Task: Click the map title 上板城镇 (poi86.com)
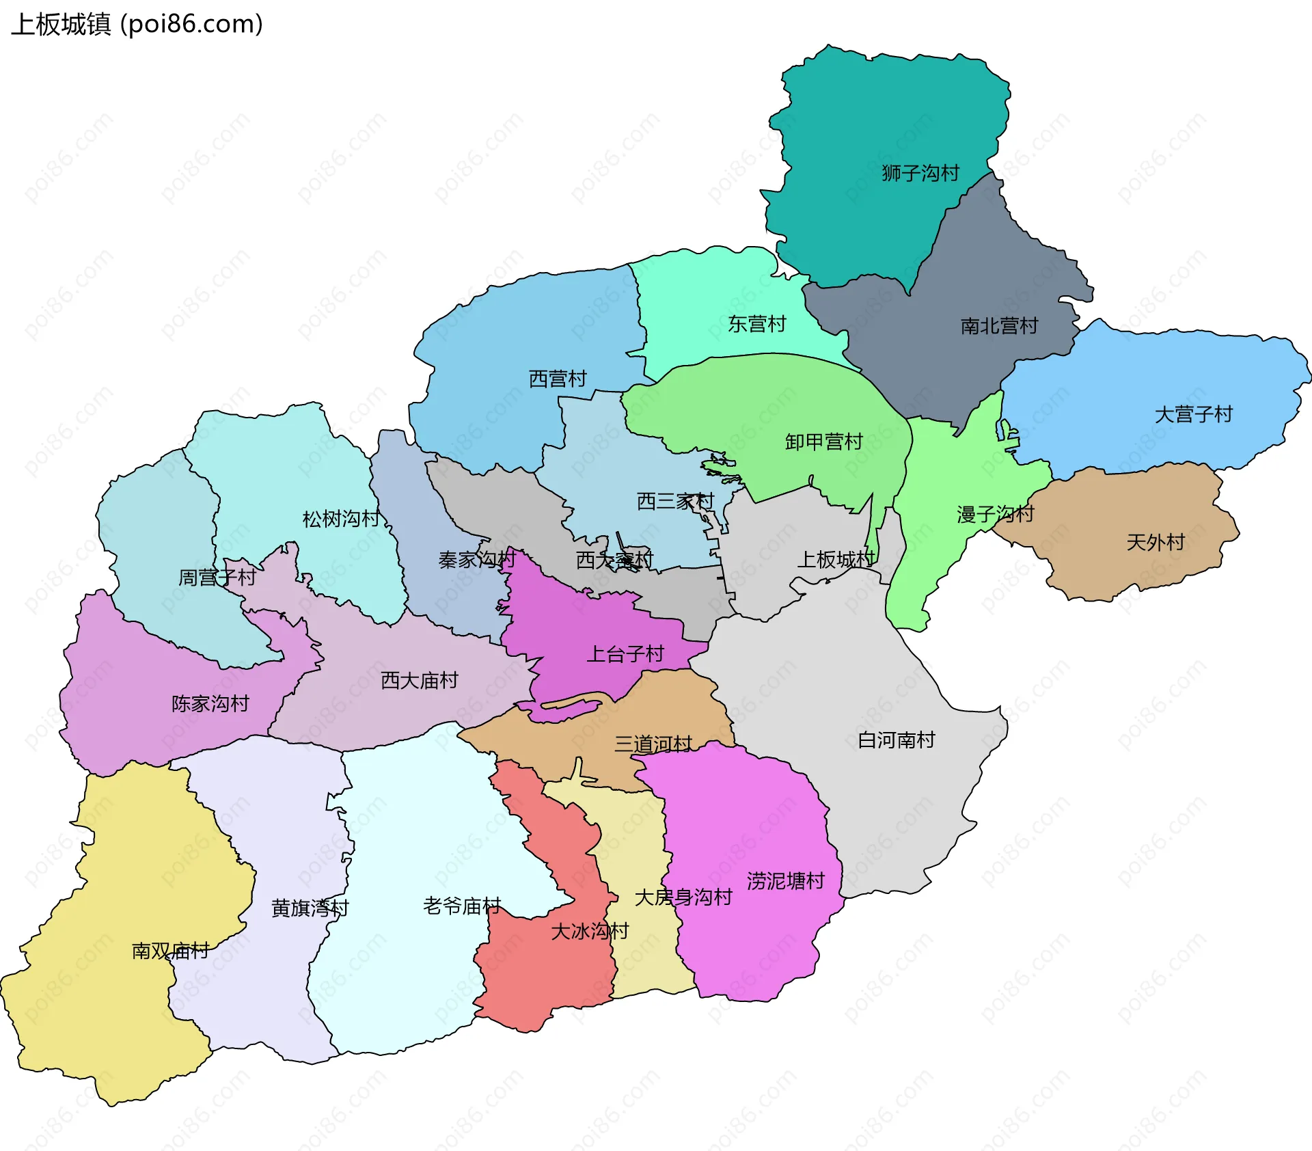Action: [x=137, y=25]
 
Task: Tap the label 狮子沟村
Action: [x=920, y=173]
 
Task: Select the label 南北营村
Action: [x=999, y=326]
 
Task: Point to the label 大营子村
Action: [x=1193, y=414]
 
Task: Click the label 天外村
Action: [x=1156, y=543]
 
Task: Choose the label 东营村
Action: [x=757, y=324]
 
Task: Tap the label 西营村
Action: [x=558, y=379]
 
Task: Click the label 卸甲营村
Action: [x=823, y=442]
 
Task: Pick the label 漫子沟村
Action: [x=995, y=514]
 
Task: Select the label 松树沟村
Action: [x=341, y=519]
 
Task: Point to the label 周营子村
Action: [x=217, y=578]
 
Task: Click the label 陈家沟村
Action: [x=210, y=703]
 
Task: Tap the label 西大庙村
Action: [x=419, y=680]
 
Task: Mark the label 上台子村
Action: [x=625, y=654]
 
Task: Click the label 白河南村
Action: [x=896, y=740]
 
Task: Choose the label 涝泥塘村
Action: [x=786, y=880]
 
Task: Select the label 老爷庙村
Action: [x=462, y=906]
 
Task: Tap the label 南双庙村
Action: [x=170, y=951]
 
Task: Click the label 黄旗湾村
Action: [x=310, y=908]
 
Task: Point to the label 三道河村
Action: [x=653, y=744]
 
